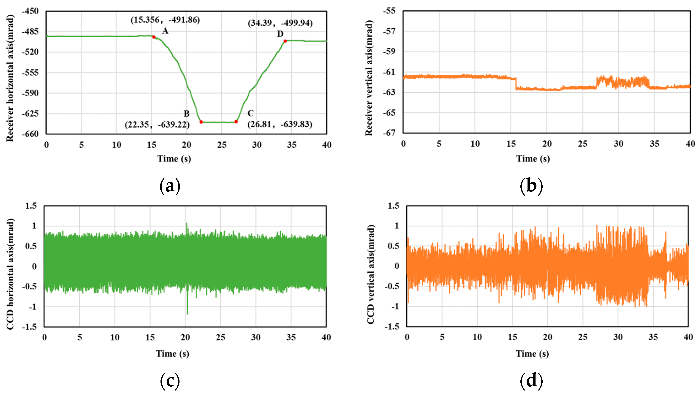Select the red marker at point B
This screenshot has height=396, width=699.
click(201, 122)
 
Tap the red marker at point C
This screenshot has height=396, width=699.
click(236, 122)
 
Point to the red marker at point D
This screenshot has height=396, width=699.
click(285, 41)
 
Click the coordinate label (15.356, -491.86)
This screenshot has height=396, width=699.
click(165, 20)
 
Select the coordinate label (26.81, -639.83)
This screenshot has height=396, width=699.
click(280, 124)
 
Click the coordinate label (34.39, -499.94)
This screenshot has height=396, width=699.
click(280, 23)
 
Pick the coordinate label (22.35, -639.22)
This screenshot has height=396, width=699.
click(157, 125)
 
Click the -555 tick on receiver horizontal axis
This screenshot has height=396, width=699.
click(30, 73)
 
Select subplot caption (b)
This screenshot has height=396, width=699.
click(531, 186)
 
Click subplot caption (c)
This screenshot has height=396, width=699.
click(170, 380)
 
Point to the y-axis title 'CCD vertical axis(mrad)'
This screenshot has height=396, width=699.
click(371, 274)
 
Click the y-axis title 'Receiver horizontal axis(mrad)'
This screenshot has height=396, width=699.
click(10, 78)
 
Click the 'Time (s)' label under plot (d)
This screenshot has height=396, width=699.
click(532, 353)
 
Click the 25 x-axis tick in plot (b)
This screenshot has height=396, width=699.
click(582, 144)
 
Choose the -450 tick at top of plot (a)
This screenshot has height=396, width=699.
click(30, 11)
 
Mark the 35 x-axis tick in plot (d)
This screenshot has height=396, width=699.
click(653, 337)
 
